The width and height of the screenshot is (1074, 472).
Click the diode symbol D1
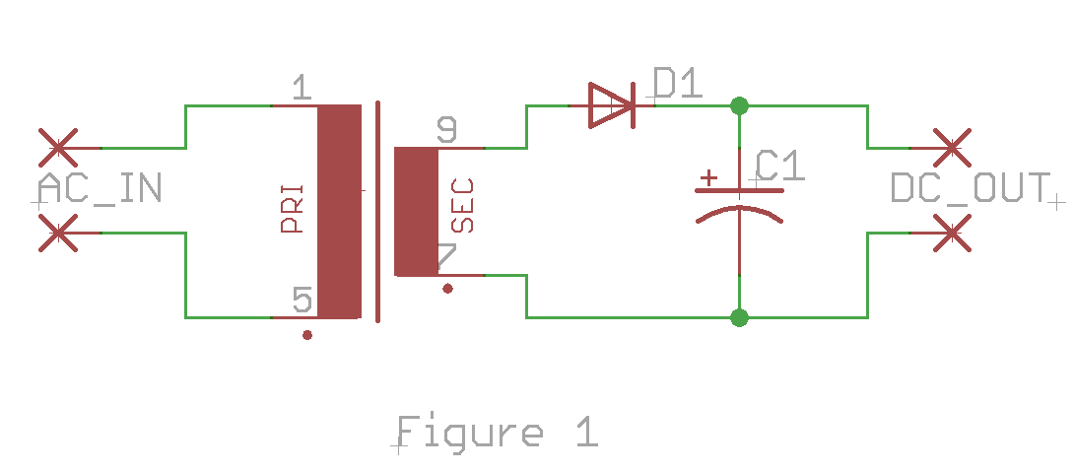coord(612,105)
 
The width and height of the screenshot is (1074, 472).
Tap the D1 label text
coord(678,83)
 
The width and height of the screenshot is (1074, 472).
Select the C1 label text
coord(780,166)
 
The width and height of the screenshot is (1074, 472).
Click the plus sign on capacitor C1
coord(708,178)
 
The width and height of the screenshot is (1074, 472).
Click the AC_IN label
coord(100,187)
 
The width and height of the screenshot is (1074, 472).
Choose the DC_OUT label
coord(970,187)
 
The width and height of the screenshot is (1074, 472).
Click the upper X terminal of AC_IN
coord(58,147)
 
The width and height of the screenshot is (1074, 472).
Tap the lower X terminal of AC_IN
coord(58,233)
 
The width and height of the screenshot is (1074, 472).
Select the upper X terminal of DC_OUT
coord(952,147)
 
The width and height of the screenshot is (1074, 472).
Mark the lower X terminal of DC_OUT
coord(952,233)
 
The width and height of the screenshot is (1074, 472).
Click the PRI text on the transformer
coord(291,209)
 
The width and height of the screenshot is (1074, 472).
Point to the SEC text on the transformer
coord(462,206)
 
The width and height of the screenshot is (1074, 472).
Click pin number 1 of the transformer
coord(302,88)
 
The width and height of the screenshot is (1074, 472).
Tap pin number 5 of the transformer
coord(302,300)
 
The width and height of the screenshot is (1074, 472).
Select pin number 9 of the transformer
coord(446,129)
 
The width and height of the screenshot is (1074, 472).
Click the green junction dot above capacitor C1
coord(739,105)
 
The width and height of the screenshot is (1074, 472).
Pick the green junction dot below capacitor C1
coord(739,317)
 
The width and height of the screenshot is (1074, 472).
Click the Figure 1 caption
coord(498,432)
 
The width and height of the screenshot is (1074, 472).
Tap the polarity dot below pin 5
coord(307,335)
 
